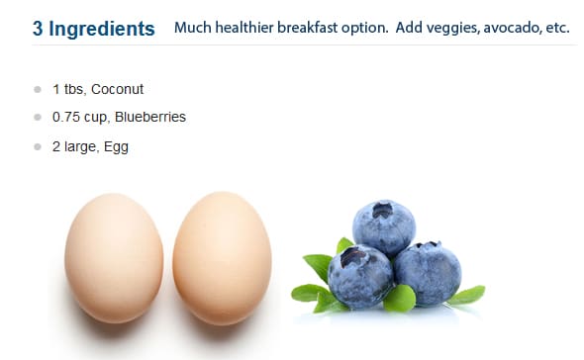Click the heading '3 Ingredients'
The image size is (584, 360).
(x=93, y=29)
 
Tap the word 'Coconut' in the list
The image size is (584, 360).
(x=117, y=89)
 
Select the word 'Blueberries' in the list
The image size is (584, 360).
(x=150, y=117)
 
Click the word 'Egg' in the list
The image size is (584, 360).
(x=116, y=147)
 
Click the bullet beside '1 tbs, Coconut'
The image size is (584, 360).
(x=38, y=89)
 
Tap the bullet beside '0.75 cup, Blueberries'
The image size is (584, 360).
(x=38, y=118)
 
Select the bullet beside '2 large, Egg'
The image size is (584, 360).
(x=38, y=146)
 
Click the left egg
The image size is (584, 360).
(x=114, y=258)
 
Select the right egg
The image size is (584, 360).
(x=222, y=258)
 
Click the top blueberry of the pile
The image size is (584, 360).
(x=384, y=227)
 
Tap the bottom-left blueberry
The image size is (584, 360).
(x=360, y=277)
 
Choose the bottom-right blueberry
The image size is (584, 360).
(x=429, y=274)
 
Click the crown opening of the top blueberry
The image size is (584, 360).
(x=382, y=211)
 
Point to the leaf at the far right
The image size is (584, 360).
(x=466, y=295)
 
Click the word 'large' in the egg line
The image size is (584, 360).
(x=80, y=147)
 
